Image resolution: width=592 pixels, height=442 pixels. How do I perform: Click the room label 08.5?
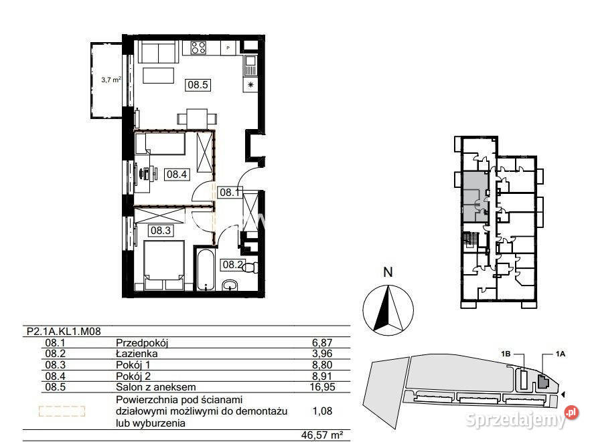(x=199, y=85)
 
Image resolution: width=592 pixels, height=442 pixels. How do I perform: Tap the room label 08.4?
(x=177, y=175)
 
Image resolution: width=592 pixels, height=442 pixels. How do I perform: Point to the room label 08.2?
(x=232, y=265)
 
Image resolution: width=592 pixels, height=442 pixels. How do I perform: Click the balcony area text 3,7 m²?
(x=110, y=79)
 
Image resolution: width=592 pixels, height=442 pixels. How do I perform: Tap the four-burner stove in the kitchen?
(x=198, y=47)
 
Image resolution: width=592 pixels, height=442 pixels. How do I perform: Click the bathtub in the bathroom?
(x=204, y=270)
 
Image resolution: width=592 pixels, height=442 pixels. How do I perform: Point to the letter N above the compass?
(x=386, y=272)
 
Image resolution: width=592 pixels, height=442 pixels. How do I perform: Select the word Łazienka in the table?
(x=137, y=353)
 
